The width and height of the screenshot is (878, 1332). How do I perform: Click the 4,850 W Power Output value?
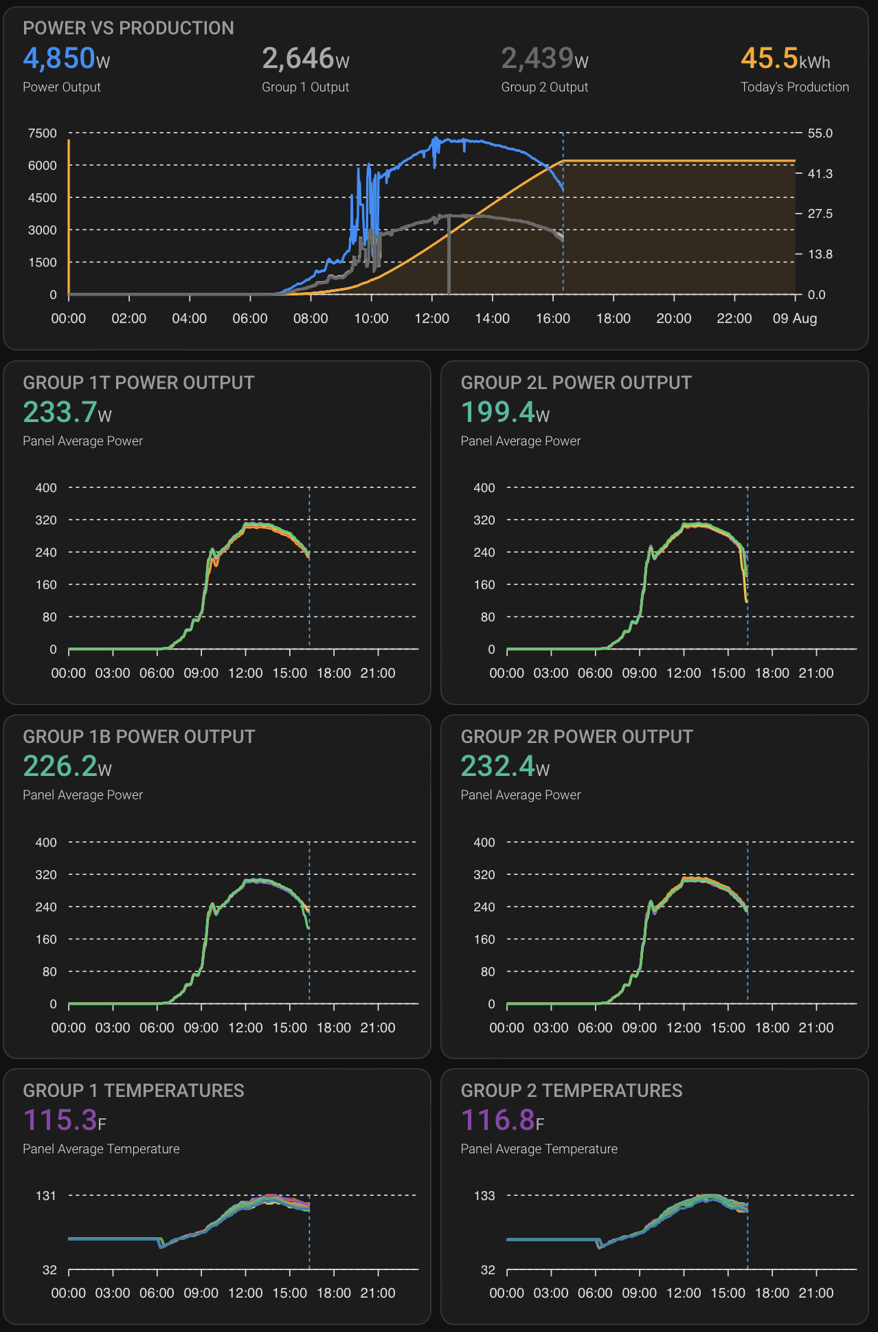pos(66,59)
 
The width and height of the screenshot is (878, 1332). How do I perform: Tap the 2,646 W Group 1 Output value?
pos(305,59)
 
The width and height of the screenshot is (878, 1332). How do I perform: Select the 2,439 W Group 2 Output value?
pos(544,59)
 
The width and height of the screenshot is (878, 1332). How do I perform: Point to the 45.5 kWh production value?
pos(785,59)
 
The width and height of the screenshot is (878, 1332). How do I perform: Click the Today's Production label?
pos(794,87)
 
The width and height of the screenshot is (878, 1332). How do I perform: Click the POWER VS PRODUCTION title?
pos(128,28)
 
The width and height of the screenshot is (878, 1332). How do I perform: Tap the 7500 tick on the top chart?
pos(43,133)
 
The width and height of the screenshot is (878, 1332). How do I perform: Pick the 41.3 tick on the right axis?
pos(820,174)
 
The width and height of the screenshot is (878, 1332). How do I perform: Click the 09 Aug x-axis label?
pos(794,319)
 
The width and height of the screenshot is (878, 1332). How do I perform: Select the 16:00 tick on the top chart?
pos(553,319)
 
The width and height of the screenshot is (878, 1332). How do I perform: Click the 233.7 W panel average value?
pos(67,413)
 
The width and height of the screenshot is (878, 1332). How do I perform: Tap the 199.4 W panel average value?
pos(505,413)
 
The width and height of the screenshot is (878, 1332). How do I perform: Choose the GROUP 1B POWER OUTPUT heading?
pos(139,737)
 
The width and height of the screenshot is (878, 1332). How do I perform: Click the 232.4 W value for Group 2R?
pos(505,767)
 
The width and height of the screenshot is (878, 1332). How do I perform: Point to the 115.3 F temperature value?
pos(65,1121)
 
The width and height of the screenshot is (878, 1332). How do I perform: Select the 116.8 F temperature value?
pos(502,1121)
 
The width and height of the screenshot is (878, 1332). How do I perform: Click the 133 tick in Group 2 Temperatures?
pos(484,1196)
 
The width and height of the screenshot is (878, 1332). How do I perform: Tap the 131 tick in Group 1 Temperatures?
pos(46,1196)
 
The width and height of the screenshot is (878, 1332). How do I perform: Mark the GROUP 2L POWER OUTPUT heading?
pos(576,383)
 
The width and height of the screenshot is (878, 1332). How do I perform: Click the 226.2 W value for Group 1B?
pos(67,767)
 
